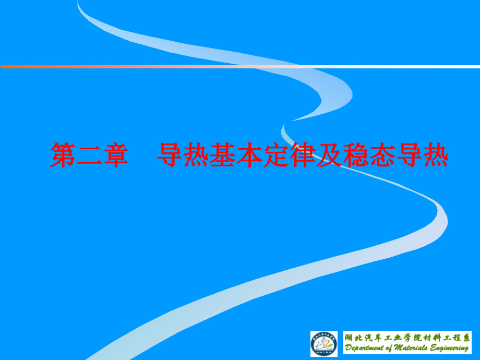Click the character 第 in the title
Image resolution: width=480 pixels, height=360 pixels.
tap(63, 155)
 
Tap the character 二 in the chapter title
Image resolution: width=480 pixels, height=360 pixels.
tap(89, 155)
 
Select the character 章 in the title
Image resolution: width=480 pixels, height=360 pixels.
tap(116, 155)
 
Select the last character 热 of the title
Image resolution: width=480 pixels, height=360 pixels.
tap(435, 155)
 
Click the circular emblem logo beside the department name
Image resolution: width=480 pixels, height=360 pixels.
tap(324, 344)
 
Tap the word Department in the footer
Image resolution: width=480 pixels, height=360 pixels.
tap(366, 349)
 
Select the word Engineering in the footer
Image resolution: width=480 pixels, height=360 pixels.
tap(450, 349)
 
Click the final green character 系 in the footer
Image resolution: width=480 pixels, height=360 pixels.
tap(466, 338)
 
